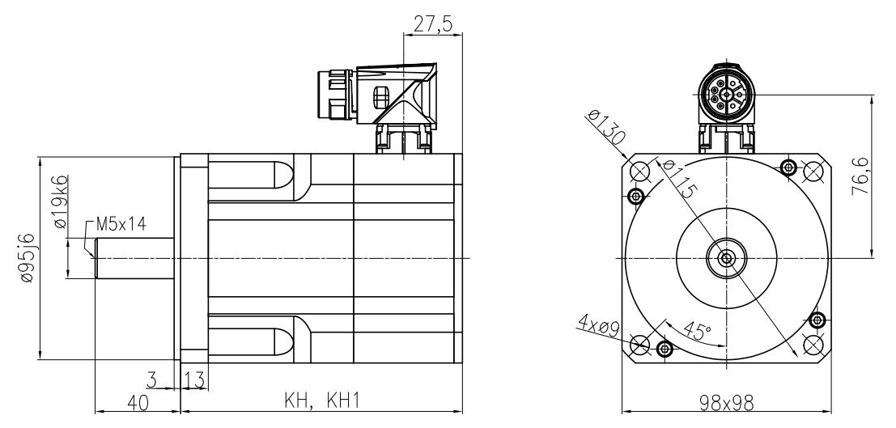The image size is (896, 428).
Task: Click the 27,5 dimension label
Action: [x=431, y=23]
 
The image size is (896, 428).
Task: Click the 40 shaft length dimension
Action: [x=137, y=402]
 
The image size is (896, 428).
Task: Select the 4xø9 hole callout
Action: [x=599, y=327]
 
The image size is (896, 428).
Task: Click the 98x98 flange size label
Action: [x=728, y=402]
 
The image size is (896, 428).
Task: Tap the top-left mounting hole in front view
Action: [x=639, y=171]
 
